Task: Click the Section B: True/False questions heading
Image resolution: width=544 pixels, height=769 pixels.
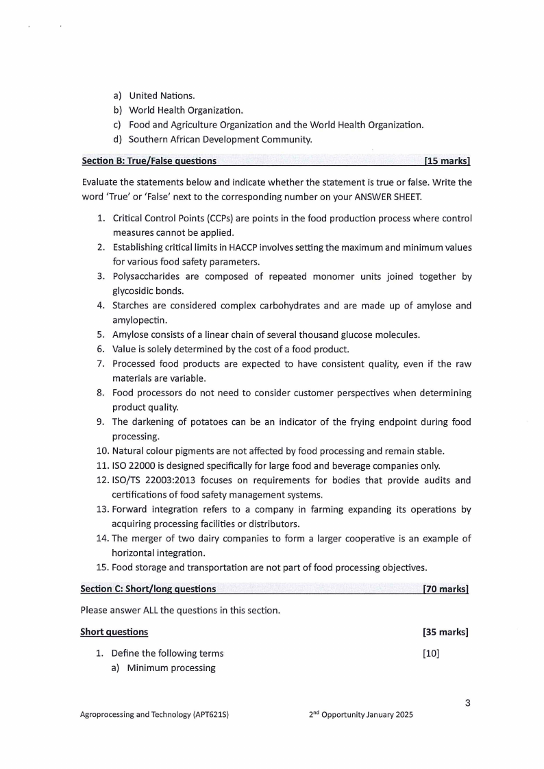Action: coord(149,161)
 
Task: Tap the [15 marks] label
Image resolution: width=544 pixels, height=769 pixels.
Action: coord(447,161)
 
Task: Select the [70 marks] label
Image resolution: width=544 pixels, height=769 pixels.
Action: coord(446,589)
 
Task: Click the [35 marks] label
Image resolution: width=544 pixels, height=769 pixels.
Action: coord(446,632)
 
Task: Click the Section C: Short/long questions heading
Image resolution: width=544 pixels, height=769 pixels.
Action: coord(148,589)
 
